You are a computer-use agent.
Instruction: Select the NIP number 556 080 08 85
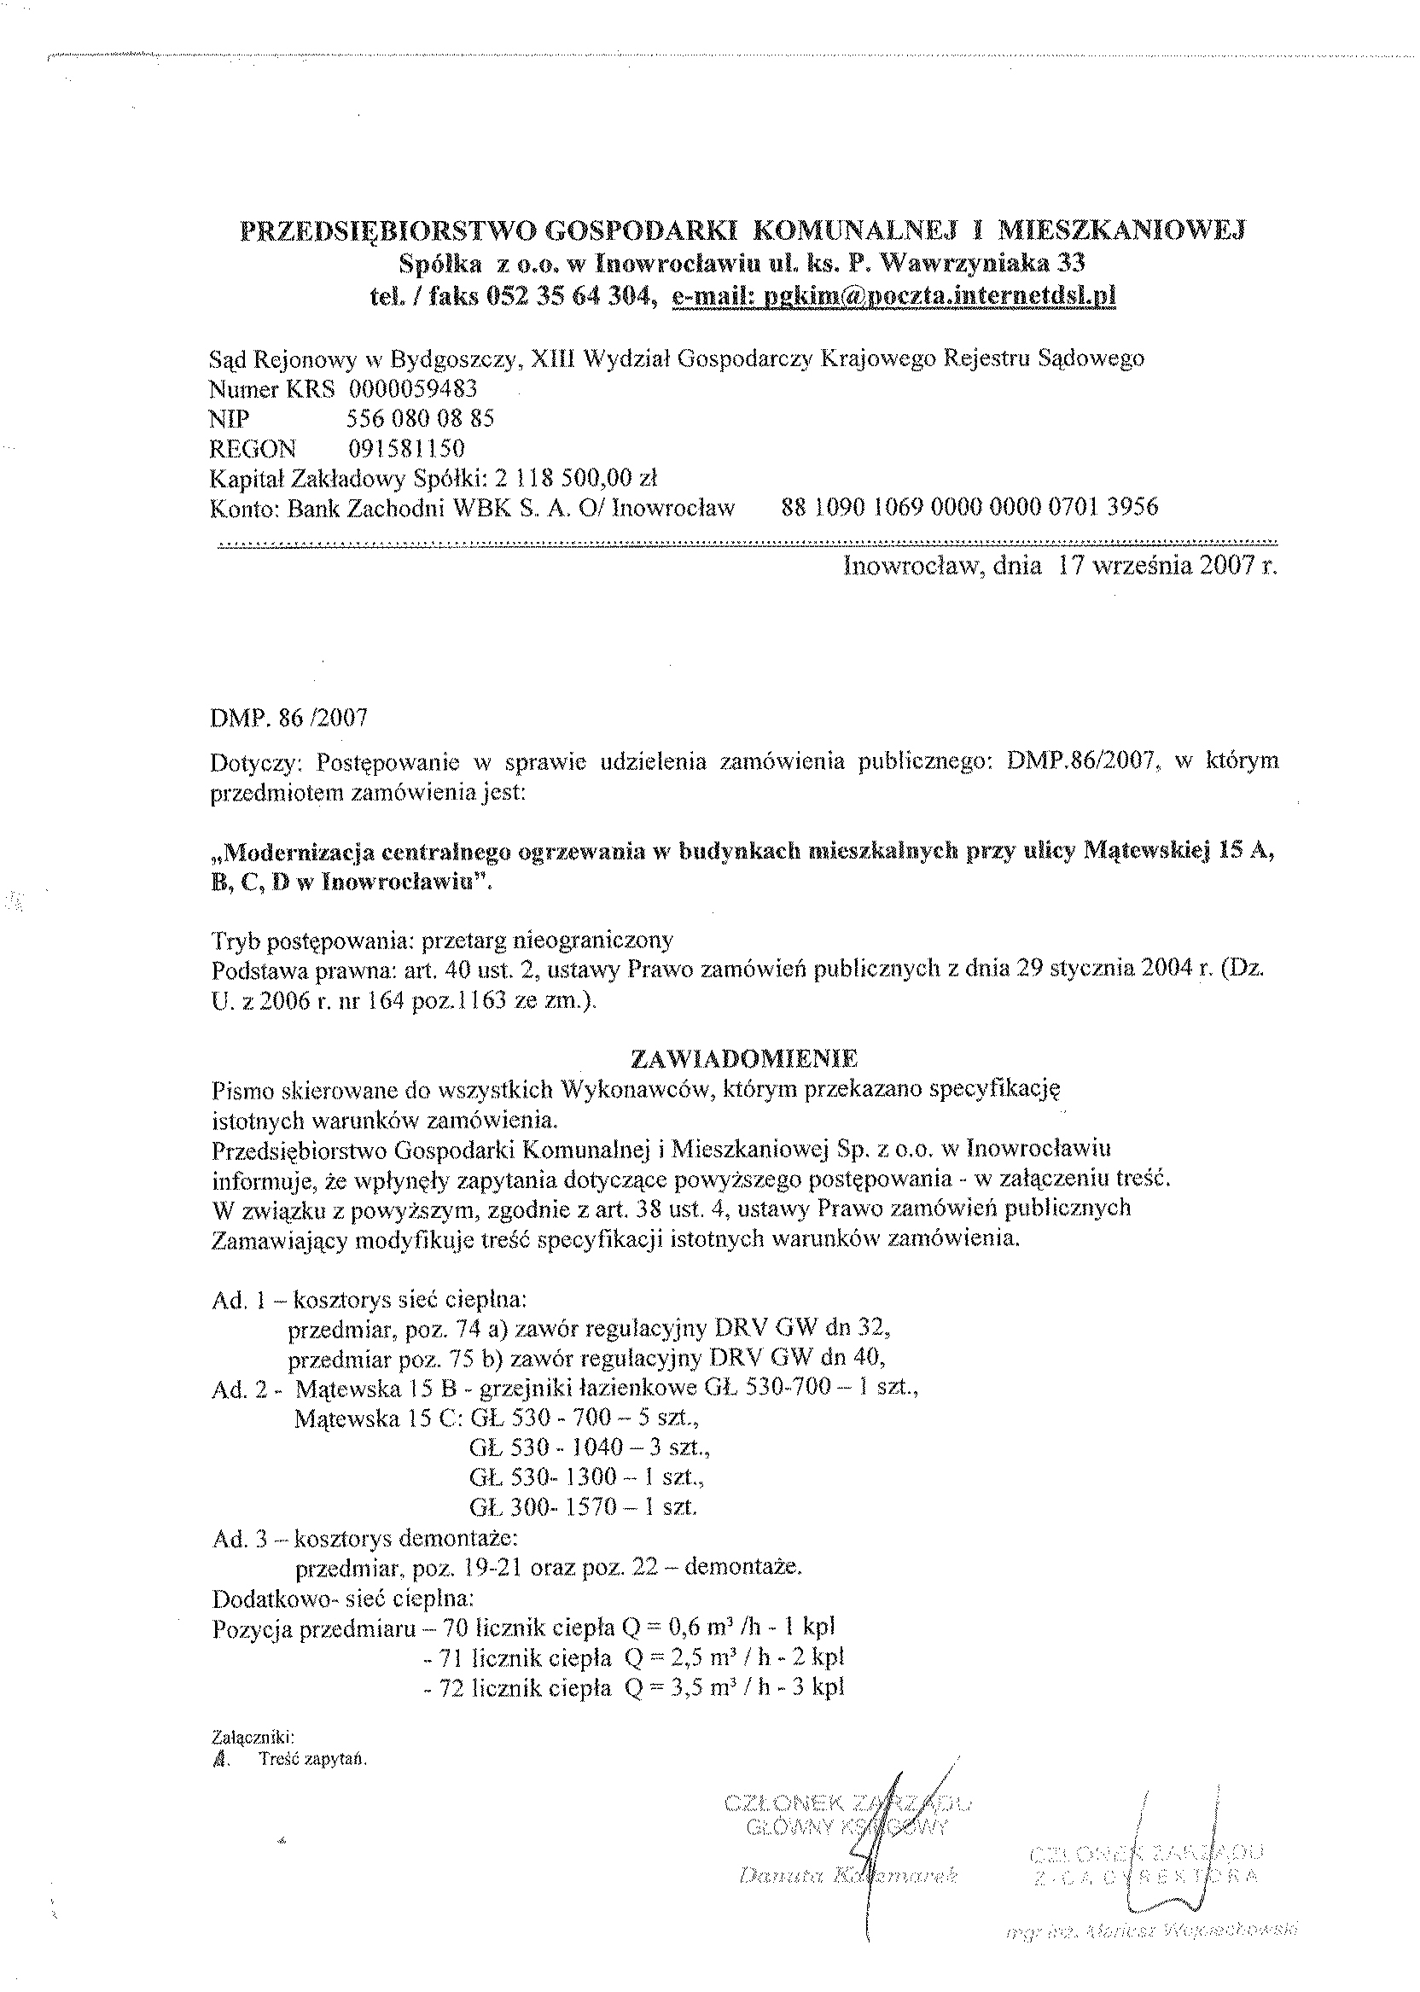421,418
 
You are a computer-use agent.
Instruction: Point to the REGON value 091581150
406,449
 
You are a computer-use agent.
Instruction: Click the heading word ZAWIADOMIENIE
744,1058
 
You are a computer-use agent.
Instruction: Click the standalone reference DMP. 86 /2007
288,718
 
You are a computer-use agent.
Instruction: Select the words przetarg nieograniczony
547,940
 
